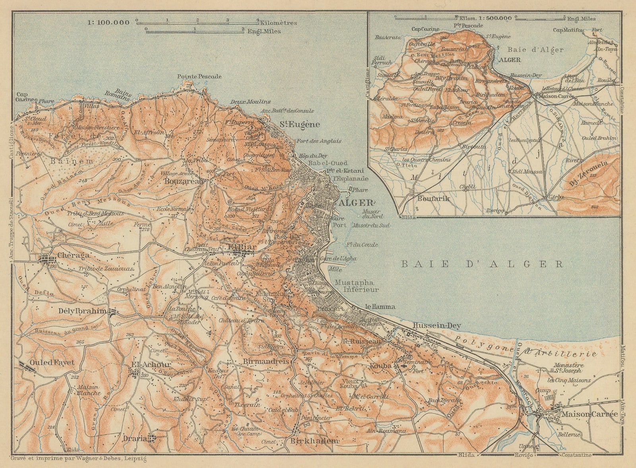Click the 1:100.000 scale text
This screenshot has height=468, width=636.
point(109,22)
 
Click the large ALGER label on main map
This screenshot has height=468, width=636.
point(356,202)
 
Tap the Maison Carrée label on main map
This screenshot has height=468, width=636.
point(590,414)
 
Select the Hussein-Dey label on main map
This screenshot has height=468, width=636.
point(436,325)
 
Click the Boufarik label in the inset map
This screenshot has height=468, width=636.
point(429,197)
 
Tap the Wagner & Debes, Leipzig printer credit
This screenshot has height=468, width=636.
point(79,459)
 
